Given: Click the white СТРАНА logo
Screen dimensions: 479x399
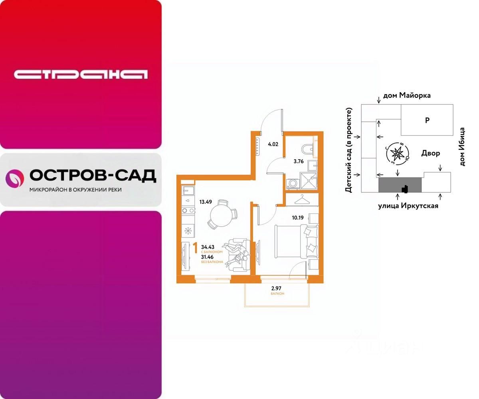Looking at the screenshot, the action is [x=81, y=74].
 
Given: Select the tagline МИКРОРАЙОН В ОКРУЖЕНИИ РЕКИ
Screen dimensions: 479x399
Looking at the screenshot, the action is [x=75, y=190].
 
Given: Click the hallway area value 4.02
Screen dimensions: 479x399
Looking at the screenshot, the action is [x=273, y=144].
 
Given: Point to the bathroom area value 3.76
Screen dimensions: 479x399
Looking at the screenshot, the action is [x=299, y=162].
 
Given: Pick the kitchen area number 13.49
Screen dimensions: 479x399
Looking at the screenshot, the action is [x=206, y=201].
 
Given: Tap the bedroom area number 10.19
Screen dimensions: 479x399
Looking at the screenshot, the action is [x=298, y=218].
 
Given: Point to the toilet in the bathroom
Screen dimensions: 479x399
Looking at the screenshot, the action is [x=307, y=149].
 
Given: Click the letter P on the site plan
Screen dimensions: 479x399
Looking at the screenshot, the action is [x=427, y=120].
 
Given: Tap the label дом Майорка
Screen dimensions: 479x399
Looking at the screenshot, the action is [x=407, y=96].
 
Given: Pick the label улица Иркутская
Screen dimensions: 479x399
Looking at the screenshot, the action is [x=408, y=206].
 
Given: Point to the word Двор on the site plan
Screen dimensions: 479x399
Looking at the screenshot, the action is [x=431, y=153].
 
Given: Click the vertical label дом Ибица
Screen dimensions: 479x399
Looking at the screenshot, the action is [x=462, y=147].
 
